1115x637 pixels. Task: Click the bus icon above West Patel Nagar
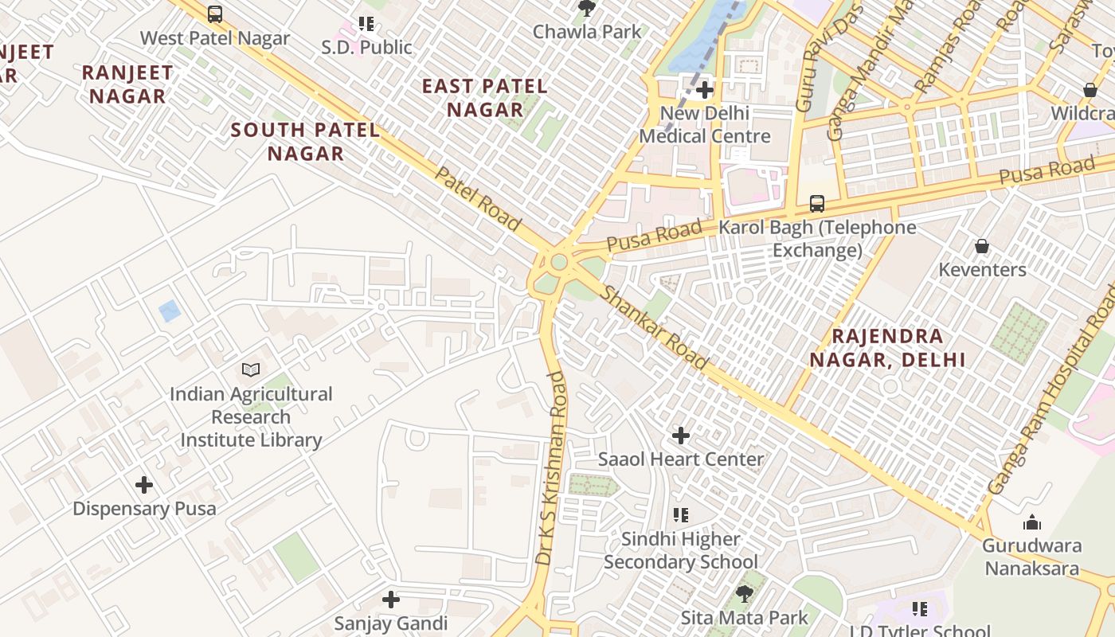pos(215,14)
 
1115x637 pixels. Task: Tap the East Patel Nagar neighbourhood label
pos(484,97)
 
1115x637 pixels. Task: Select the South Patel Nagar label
pos(305,141)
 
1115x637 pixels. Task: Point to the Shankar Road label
pos(653,326)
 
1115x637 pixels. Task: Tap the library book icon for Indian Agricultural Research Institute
pos(251,369)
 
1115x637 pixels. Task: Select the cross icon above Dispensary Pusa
pos(144,484)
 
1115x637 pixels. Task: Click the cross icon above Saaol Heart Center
pos(681,436)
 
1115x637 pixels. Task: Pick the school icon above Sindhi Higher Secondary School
pos(681,515)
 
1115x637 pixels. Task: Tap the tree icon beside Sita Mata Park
pos(744,593)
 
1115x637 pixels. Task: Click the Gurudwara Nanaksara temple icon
pos(1032,522)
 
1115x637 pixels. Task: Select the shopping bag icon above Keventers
pos(982,246)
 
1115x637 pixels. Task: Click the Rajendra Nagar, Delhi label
pos(887,348)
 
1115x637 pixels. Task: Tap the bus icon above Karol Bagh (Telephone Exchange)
pos(817,203)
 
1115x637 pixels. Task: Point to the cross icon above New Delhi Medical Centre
pos(705,90)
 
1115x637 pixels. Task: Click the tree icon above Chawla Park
pos(587,9)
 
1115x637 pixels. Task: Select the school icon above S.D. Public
pos(366,24)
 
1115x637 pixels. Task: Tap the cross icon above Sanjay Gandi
pos(391,600)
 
